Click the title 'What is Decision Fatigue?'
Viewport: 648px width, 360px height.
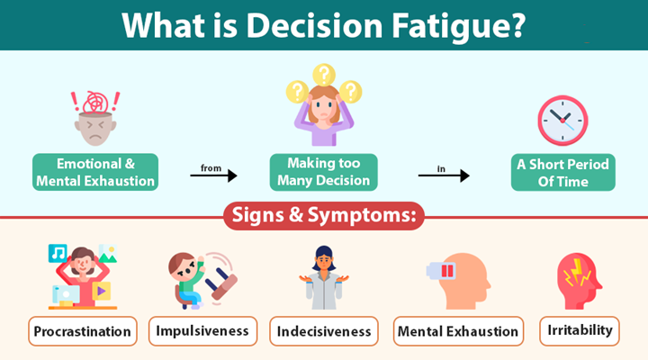(324, 24)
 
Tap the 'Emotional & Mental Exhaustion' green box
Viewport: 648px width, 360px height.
(95, 172)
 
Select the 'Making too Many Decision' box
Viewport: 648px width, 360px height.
(324, 172)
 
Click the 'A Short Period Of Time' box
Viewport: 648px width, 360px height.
(563, 172)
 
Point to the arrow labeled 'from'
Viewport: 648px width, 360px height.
(213, 175)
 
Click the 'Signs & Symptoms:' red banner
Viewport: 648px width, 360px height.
(324, 217)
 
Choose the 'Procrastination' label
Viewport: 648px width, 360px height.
(83, 331)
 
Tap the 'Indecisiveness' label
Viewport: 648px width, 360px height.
(324, 331)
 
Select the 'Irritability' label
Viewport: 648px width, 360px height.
(580, 330)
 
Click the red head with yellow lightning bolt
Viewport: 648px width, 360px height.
(579, 277)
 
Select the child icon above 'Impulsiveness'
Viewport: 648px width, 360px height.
(189, 279)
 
